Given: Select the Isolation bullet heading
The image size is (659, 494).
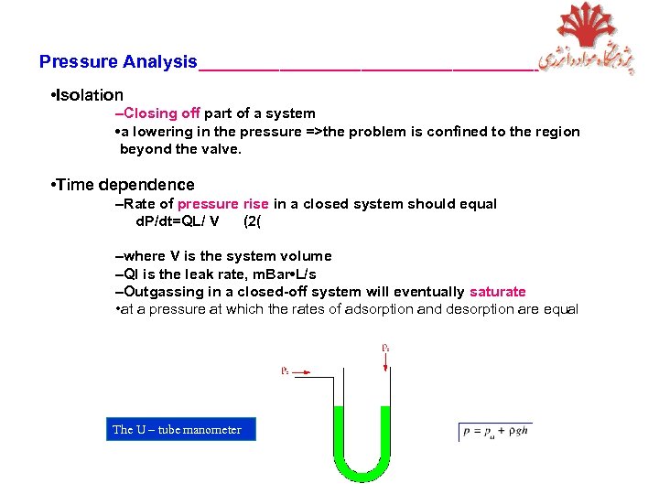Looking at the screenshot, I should pyautogui.click(x=90, y=95).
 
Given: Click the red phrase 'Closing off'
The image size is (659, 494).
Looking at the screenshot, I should pyautogui.click(x=161, y=113).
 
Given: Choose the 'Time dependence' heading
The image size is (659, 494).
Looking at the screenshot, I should pyautogui.click(x=125, y=185).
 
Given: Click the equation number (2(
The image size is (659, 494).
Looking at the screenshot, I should pyautogui.click(x=254, y=220).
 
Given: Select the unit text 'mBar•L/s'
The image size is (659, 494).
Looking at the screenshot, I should pyautogui.click(x=285, y=274).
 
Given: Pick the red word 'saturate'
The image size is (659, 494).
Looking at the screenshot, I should pyautogui.click(x=497, y=292).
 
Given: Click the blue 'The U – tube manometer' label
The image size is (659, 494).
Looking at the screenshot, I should pyautogui.click(x=177, y=429).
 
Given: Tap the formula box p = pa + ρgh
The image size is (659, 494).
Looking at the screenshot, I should pyautogui.click(x=495, y=430).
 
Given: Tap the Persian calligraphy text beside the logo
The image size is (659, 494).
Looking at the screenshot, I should pyautogui.click(x=586, y=57).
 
